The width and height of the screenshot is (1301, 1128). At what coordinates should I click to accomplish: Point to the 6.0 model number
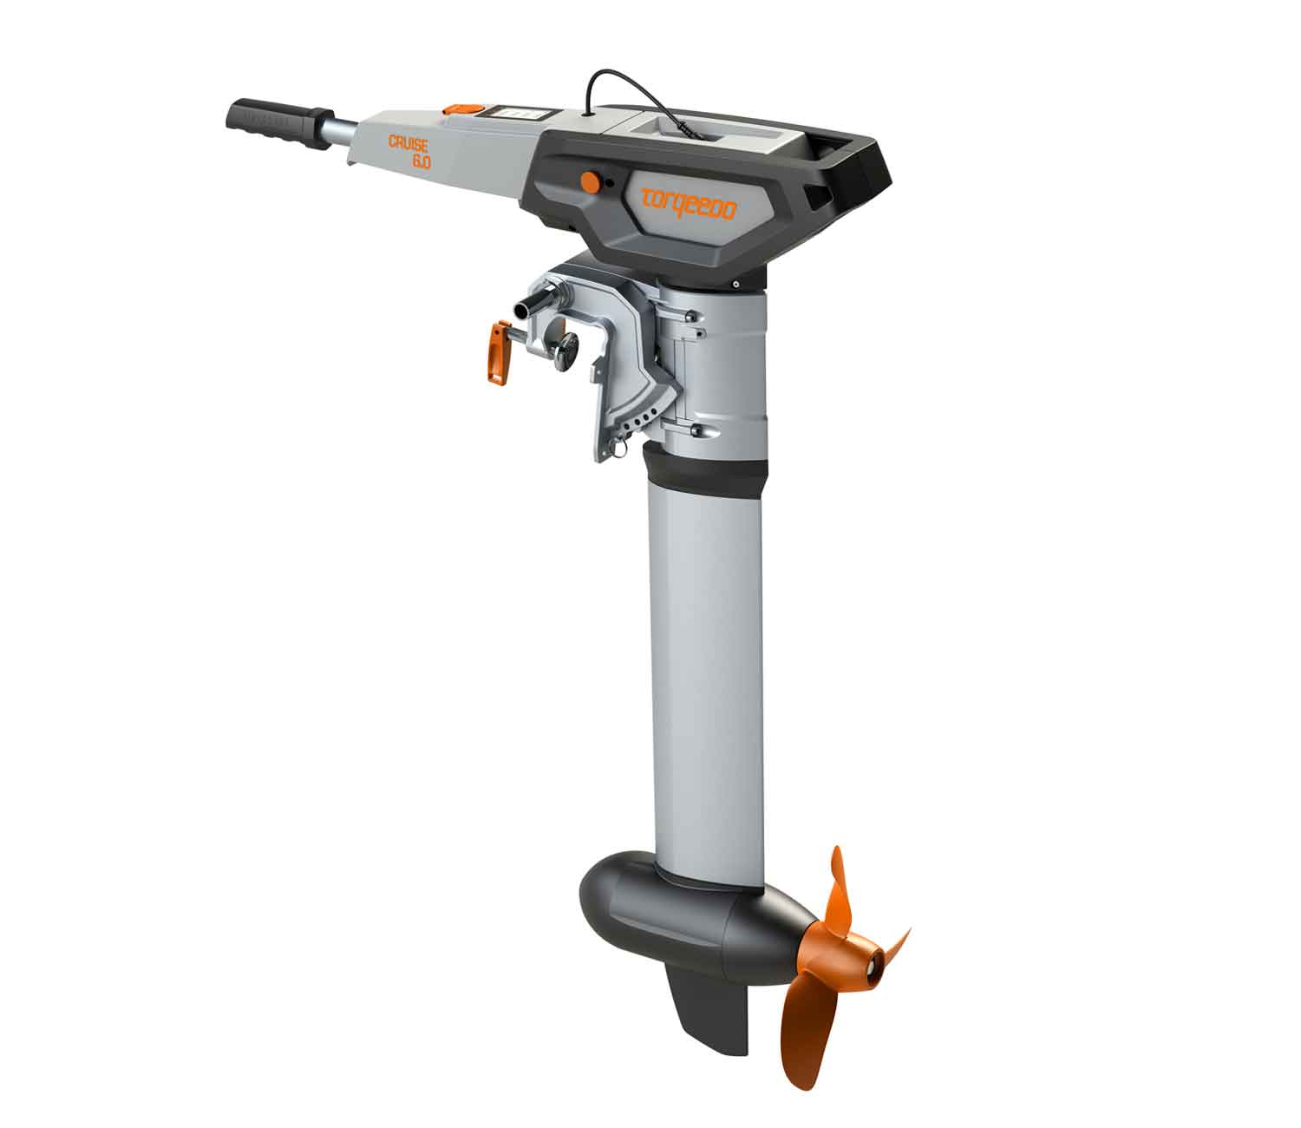(x=422, y=161)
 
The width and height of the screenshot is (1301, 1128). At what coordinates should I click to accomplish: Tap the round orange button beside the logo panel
(x=590, y=182)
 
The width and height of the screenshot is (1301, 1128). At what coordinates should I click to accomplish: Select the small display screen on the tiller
(x=515, y=115)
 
